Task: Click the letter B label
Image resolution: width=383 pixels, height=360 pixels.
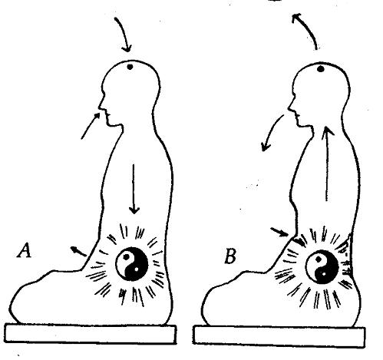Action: (x=230, y=256)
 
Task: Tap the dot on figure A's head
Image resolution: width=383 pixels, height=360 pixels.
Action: (x=130, y=67)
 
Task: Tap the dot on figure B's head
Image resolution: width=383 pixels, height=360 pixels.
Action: (x=320, y=68)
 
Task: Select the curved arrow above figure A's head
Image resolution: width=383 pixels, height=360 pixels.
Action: (x=124, y=32)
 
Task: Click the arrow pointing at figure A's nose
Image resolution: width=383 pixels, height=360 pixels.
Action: (x=90, y=126)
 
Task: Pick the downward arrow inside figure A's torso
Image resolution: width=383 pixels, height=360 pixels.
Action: (x=134, y=189)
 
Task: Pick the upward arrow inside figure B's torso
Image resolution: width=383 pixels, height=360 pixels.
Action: (x=326, y=163)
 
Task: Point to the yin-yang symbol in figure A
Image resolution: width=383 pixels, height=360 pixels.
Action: (x=132, y=264)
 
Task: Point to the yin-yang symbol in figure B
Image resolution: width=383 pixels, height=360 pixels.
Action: (x=322, y=267)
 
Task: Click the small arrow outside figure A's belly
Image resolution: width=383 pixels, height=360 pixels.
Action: (x=78, y=251)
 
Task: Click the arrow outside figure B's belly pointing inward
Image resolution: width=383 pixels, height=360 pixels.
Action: (x=279, y=232)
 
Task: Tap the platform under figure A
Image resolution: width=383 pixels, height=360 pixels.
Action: (x=91, y=333)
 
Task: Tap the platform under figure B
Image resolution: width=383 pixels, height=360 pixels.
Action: (x=279, y=335)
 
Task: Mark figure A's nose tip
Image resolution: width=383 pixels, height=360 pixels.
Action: (x=100, y=108)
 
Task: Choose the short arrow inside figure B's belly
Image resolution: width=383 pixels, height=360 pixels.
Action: (x=299, y=242)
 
